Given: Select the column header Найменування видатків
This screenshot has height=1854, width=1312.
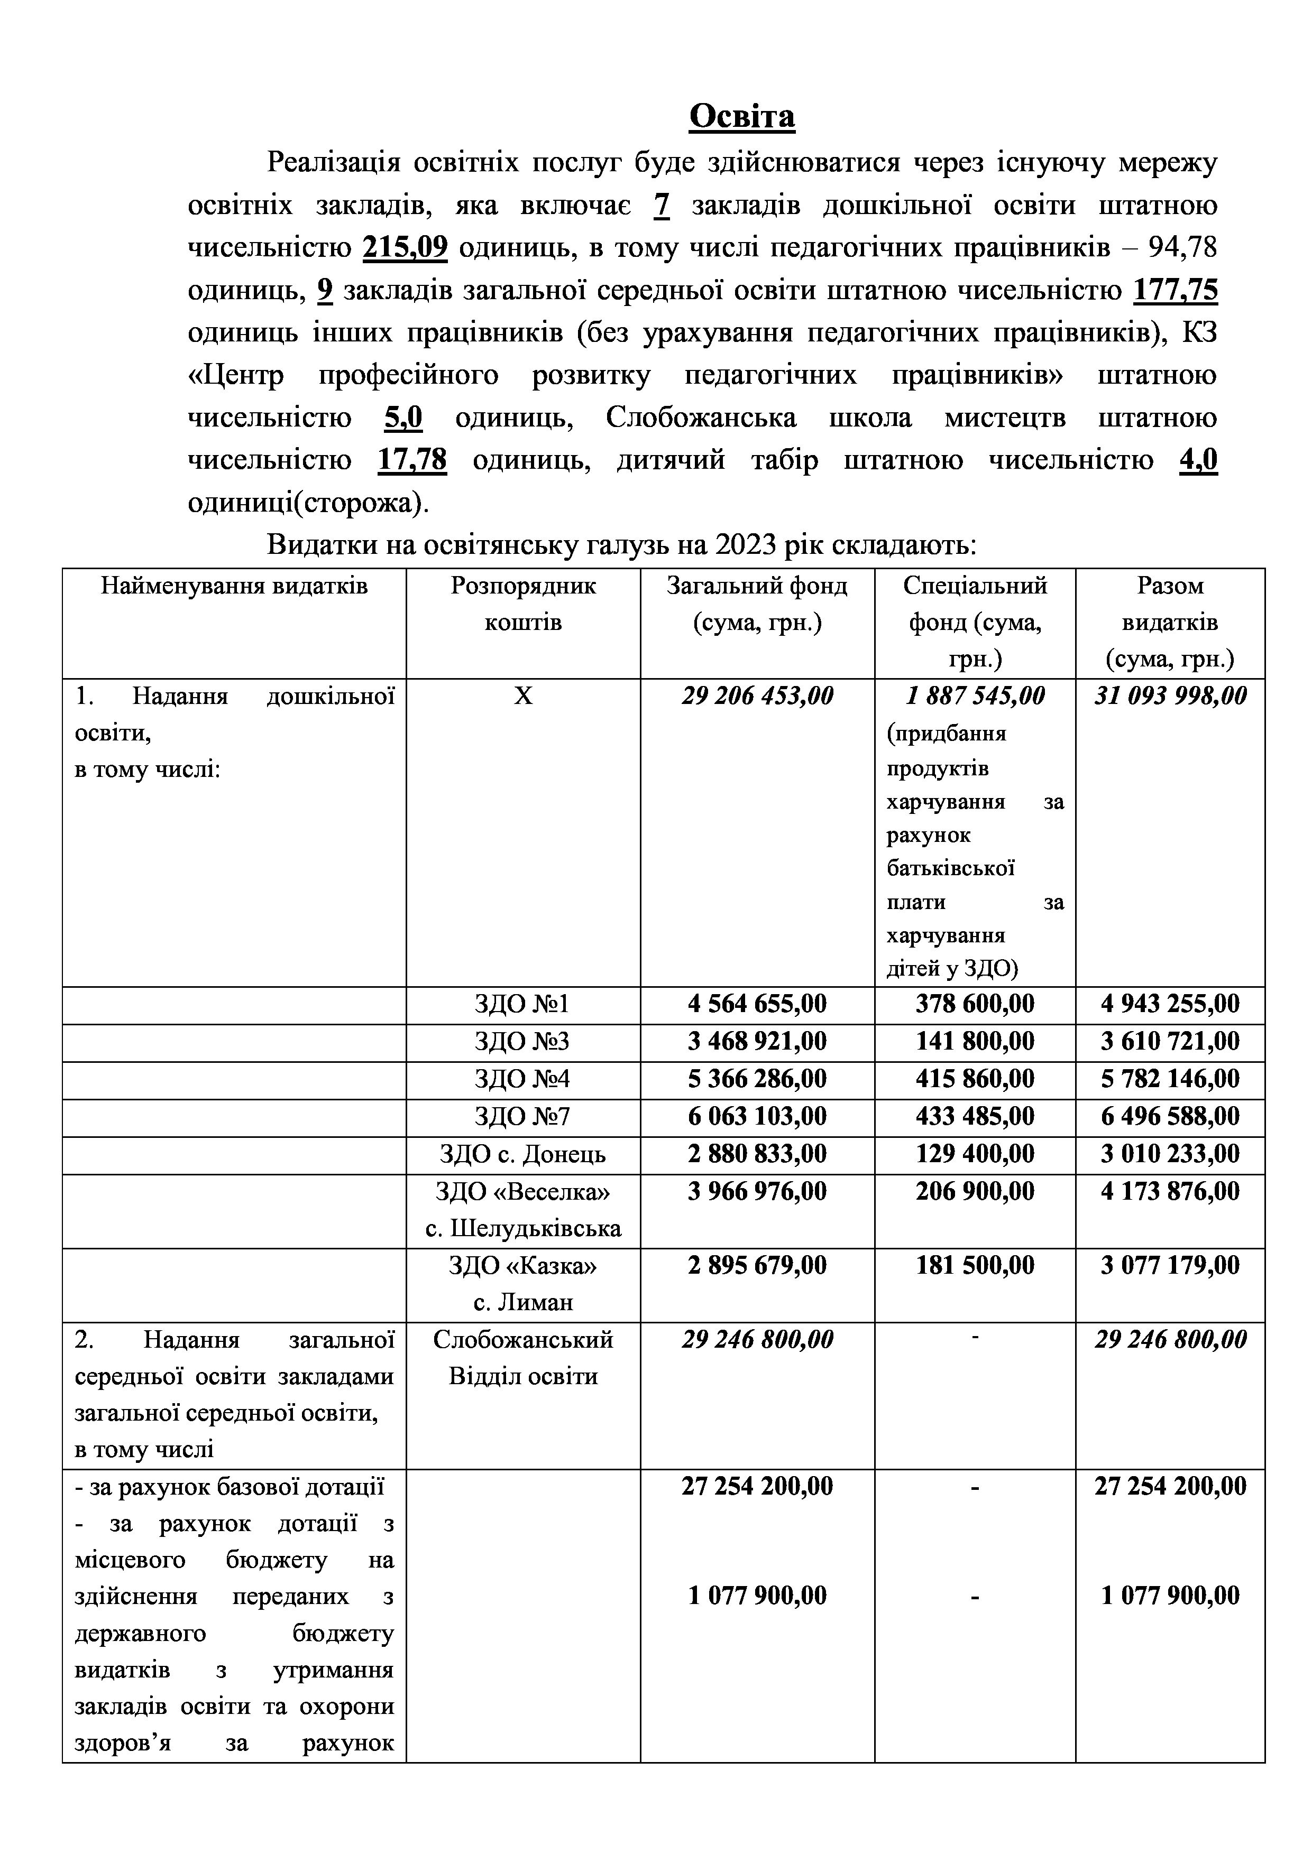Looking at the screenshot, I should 234,586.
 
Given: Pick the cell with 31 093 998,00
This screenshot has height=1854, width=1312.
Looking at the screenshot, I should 1170,696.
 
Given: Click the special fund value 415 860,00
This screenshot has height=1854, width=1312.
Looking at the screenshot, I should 974,1079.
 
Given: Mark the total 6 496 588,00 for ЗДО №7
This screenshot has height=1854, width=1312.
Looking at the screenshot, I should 1170,1117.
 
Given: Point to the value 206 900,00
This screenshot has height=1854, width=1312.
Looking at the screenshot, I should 974,1192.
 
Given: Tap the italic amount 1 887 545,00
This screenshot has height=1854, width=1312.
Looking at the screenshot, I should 974,696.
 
